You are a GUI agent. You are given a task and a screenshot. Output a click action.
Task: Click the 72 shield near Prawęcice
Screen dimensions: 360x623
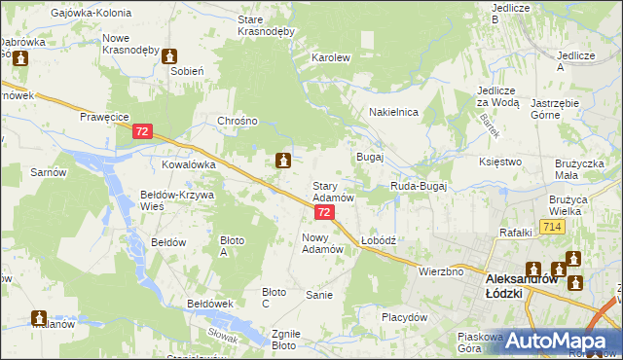pos(143,130)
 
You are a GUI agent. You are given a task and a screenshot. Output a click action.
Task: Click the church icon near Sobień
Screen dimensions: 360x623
pos(170,56)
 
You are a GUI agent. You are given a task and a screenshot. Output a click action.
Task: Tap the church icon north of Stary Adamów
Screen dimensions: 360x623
pos(283,160)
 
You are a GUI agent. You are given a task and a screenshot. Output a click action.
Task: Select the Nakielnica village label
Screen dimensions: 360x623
pos(393,113)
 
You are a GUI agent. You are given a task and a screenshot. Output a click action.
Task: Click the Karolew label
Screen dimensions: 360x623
pos(330,58)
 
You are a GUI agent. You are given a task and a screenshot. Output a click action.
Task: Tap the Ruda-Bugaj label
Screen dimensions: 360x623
pos(418,185)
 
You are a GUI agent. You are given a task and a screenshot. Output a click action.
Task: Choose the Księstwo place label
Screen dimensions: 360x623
pos(501,162)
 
